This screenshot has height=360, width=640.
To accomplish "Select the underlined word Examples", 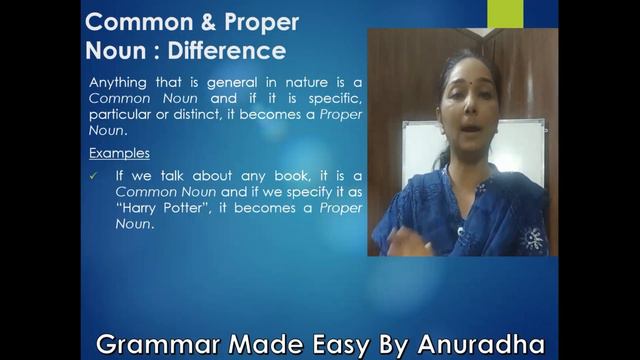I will (x=119, y=154).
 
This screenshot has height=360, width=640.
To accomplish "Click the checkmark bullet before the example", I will (x=94, y=176).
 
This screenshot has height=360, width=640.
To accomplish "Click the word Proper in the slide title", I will (x=251, y=22).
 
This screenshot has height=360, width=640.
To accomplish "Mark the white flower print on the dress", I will (x=534, y=238).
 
